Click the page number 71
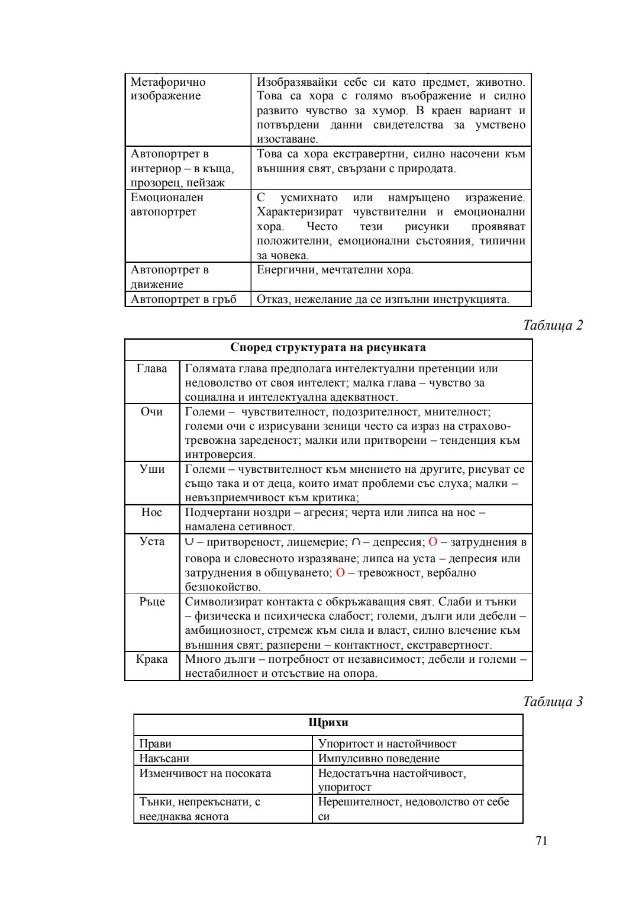541,841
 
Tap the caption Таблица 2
553,325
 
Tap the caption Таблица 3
553,701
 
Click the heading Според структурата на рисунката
328,347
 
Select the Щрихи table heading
328,723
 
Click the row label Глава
151,369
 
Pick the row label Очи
151,412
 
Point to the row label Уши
151,469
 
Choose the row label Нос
151,512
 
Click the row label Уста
151,541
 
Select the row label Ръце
151,602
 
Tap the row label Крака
151,659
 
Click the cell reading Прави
155,744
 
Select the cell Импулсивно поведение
379,759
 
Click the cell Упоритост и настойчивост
387,744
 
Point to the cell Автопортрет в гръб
183,299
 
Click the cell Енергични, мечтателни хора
335,270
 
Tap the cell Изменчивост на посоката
205,773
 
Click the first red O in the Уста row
433,542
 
